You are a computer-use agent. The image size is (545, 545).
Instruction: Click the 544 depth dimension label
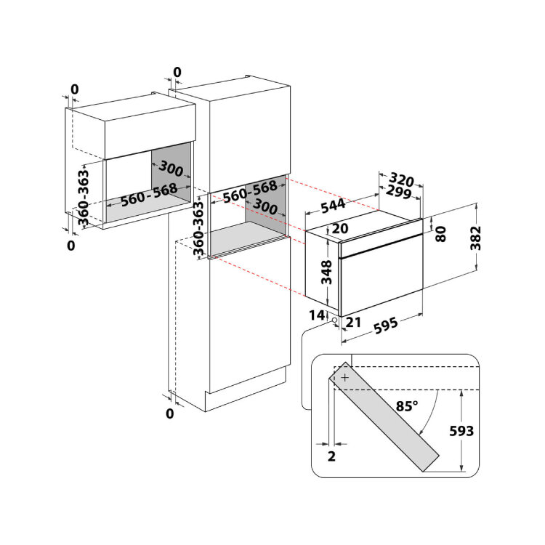333,206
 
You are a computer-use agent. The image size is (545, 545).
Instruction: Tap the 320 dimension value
401,179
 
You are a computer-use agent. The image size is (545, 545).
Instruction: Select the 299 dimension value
399,192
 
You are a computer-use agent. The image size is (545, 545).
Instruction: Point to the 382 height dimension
475,238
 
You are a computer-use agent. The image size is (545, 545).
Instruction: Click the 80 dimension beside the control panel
441,233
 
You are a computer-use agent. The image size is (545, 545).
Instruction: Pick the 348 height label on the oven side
326,272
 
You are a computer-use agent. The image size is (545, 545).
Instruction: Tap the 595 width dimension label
385,326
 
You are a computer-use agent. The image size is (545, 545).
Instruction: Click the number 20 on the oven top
340,228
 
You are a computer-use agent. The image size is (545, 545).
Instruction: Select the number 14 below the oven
317,315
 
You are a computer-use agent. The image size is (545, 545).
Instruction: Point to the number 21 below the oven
353,322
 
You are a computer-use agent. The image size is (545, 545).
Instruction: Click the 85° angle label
407,405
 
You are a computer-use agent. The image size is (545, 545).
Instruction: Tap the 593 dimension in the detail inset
461,431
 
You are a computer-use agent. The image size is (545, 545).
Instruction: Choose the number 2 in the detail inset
331,456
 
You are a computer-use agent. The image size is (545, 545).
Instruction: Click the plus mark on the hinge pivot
344,377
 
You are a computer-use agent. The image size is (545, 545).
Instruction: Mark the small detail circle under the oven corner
334,320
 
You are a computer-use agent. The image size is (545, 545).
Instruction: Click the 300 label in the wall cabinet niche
171,169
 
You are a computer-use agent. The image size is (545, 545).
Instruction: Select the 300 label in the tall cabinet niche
265,206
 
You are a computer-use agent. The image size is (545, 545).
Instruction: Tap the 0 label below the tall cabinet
169,413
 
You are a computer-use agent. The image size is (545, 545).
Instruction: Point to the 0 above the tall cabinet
177,72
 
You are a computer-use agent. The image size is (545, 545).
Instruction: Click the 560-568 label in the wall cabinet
150,195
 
